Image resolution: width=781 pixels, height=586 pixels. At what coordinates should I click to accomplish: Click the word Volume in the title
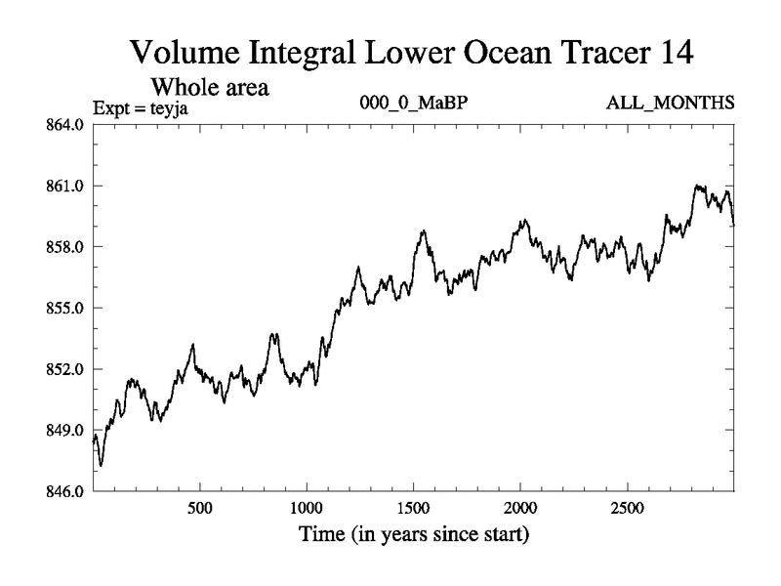pos(186,52)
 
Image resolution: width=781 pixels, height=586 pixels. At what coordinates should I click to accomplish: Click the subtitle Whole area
pos(208,87)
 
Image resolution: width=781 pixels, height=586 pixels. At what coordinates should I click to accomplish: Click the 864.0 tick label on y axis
pos(65,125)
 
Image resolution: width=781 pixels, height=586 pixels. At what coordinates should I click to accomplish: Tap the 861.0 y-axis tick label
pos(65,186)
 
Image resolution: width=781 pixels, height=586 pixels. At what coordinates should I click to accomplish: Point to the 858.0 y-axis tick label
pos(65,247)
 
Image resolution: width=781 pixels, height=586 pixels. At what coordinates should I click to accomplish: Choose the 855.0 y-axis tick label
pos(65,308)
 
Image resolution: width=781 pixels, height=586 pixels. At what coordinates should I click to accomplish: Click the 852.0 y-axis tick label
pos(65,369)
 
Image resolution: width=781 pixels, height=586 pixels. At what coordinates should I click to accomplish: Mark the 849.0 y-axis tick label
pos(65,430)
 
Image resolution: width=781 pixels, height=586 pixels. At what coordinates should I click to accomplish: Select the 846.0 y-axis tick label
pos(65,490)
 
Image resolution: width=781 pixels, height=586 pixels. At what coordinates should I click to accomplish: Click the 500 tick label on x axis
pos(199,509)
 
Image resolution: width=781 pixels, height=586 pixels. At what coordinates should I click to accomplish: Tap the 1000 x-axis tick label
pos(307,509)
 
